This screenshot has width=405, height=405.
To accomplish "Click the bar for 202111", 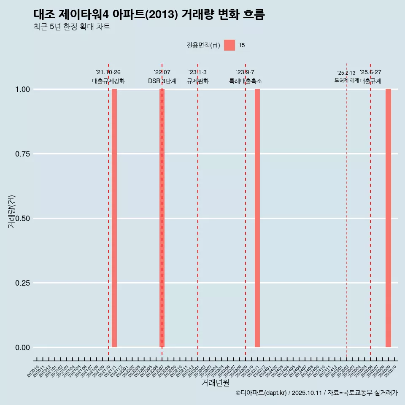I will coord(114,218).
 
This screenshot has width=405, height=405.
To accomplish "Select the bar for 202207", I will coord(162,218).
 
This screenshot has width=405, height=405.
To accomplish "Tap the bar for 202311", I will coord(257,218).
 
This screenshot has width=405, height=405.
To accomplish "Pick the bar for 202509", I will coord(388,218).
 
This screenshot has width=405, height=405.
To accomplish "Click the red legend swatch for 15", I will coord(229,45).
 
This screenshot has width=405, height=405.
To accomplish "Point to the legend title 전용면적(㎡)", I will coord(203,46).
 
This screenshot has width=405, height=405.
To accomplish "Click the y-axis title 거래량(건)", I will coord(12,211).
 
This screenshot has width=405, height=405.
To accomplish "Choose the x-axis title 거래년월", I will coord(216,383).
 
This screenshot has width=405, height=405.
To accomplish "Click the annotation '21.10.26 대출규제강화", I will coord(108,77).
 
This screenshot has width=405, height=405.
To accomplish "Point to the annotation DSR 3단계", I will coord(162,81).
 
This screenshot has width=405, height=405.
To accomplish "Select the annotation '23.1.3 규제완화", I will coord(197,77).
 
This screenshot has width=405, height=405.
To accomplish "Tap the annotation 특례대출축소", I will coord(246,81).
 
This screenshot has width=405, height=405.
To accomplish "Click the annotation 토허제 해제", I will coord(346,80).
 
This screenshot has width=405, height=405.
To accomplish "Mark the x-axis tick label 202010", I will coord(33,372).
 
